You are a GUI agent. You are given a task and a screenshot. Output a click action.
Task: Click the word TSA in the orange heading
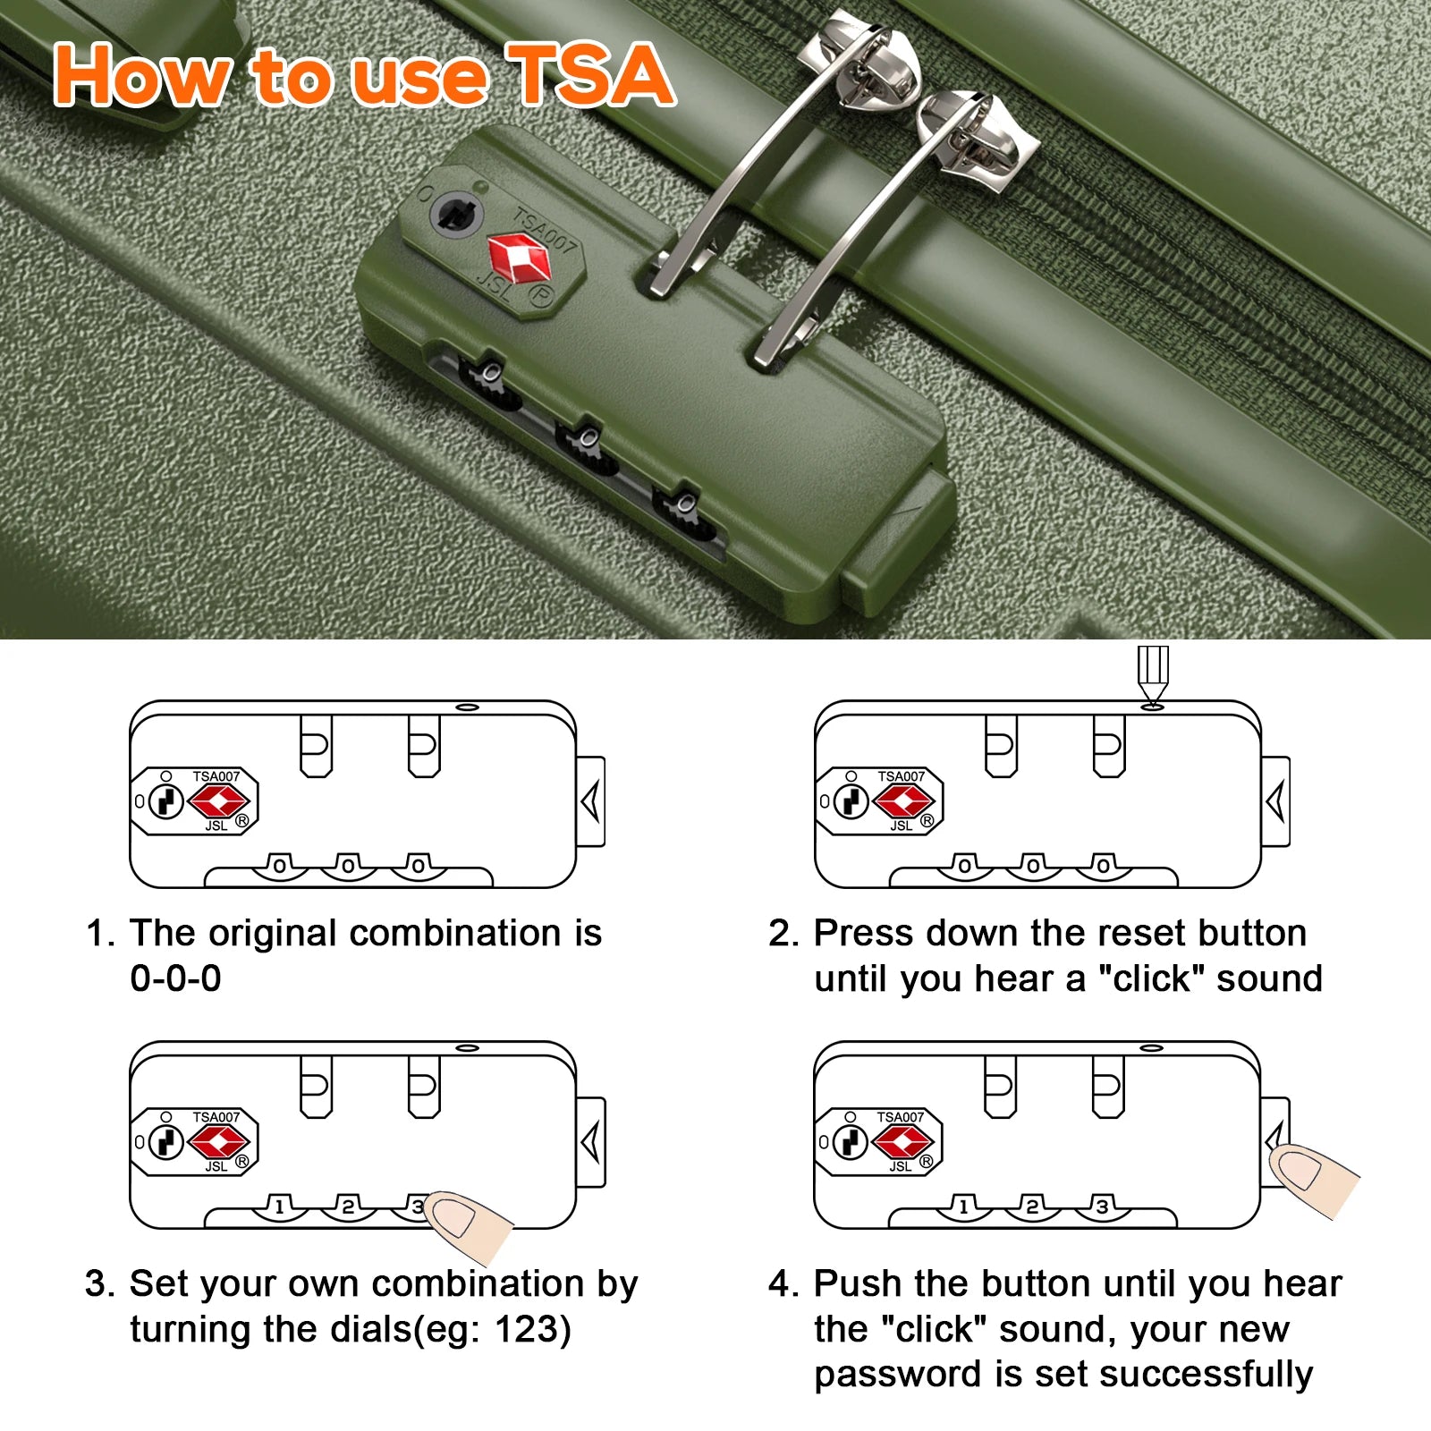coord(589,76)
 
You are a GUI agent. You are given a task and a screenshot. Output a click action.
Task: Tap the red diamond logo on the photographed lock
coord(520,258)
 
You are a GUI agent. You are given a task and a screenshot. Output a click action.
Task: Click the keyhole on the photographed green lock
coord(457,216)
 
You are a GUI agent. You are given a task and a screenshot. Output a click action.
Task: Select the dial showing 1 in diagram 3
coord(280,1207)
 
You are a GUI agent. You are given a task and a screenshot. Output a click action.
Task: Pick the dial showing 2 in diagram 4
coord(1032,1207)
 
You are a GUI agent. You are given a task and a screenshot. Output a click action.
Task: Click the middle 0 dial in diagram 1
coord(349,866)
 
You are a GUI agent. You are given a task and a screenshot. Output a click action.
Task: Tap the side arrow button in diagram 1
coord(590,801)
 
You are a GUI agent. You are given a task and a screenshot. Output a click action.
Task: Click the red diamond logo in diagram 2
coord(903,801)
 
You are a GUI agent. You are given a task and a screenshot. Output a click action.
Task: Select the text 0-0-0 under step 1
coord(175,978)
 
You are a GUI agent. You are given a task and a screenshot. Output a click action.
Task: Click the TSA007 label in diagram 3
coord(216,1117)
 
